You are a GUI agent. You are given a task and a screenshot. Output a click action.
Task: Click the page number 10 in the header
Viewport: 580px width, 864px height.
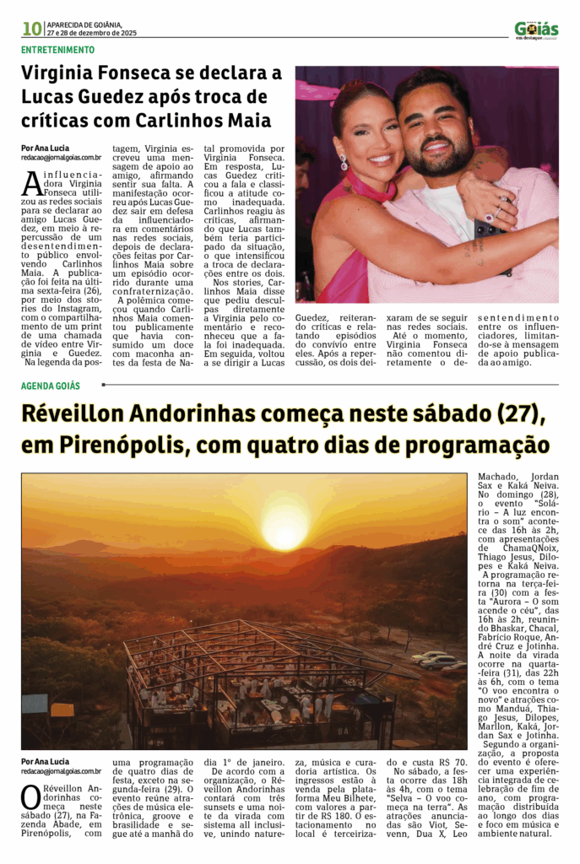click(x=31, y=29)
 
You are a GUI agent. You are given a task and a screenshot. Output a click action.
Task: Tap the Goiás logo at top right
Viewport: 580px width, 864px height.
click(x=536, y=30)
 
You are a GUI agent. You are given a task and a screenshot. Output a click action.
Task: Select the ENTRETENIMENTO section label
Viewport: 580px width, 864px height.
click(x=57, y=50)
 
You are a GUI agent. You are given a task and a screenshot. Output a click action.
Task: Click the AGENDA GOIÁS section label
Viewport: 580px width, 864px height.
click(x=51, y=386)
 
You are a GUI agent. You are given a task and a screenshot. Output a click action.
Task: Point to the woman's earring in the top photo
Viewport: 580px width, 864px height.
click(x=344, y=160)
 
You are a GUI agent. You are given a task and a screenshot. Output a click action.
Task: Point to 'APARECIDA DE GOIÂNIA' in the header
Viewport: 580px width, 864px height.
click(x=84, y=24)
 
